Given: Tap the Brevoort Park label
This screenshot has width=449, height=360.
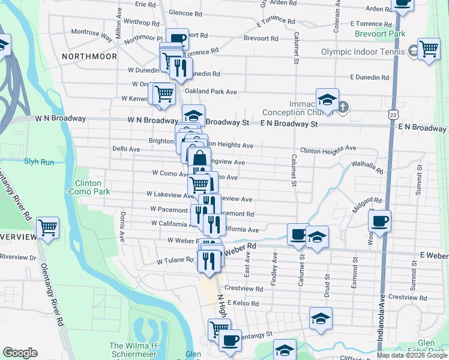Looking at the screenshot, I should (x=380, y=34).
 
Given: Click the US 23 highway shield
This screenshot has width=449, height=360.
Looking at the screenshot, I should (x=393, y=113).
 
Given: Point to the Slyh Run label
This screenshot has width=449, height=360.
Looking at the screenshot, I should (x=39, y=161).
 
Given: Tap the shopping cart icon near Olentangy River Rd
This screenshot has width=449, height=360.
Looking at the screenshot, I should (x=47, y=227).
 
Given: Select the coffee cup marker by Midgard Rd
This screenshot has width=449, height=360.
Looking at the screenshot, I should (x=379, y=221).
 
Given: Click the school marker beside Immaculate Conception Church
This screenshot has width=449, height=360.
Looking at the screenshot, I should (x=328, y=100).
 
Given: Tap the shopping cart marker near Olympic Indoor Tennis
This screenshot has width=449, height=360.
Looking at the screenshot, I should (x=429, y=49).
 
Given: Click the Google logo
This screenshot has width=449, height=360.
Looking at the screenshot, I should (x=20, y=353).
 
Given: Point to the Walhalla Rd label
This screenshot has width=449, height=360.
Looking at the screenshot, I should (x=367, y=166).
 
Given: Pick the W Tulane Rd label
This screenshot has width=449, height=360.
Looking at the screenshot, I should (x=175, y=261).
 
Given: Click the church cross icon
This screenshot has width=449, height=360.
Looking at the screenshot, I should (x=343, y=107).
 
